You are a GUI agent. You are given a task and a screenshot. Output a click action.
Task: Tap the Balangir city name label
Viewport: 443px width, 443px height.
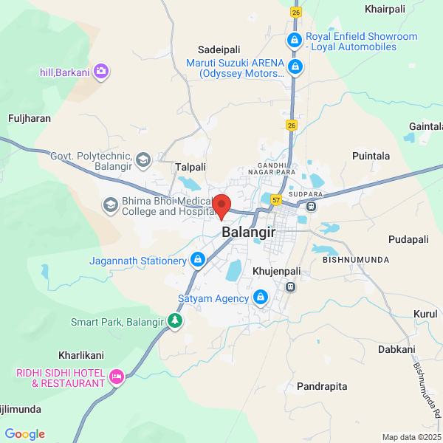click(x=248, y=232)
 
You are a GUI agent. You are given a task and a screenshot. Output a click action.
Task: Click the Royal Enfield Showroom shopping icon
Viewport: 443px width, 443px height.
click(x=294, y=39)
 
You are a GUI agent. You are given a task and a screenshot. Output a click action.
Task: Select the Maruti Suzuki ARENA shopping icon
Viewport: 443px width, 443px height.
click(x=296, y=68)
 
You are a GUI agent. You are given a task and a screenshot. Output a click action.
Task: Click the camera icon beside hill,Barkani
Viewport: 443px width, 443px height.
click(x=101, y=72)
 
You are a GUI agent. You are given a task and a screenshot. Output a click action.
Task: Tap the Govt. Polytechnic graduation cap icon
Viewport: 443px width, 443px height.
click(x=143, y=159)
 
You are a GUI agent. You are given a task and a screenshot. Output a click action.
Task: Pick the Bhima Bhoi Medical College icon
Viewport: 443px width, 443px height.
click(x=110, y=205)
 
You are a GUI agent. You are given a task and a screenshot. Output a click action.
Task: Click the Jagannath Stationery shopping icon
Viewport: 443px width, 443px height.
click(x=198, y=260)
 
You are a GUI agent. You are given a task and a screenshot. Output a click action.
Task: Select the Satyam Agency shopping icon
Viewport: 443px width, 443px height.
click(x=260, y=298)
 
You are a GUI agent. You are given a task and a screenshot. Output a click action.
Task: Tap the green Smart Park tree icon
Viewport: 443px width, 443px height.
click(x=175, y=321)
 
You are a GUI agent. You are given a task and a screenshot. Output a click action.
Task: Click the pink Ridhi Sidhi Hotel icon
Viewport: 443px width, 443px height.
click(x=116, y=378)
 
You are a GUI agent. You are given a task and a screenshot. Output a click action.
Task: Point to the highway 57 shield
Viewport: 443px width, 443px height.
click(x=275, y=199)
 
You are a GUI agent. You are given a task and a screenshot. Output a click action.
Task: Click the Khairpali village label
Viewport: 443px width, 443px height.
click(x=386, y=9)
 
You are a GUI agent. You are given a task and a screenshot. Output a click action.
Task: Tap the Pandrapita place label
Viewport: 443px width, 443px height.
click(x=321, y=386)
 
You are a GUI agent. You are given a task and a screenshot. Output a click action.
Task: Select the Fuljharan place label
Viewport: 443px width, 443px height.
click(x=29, y=117)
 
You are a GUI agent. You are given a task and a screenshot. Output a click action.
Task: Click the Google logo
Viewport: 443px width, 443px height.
click(x=24, y=434)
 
